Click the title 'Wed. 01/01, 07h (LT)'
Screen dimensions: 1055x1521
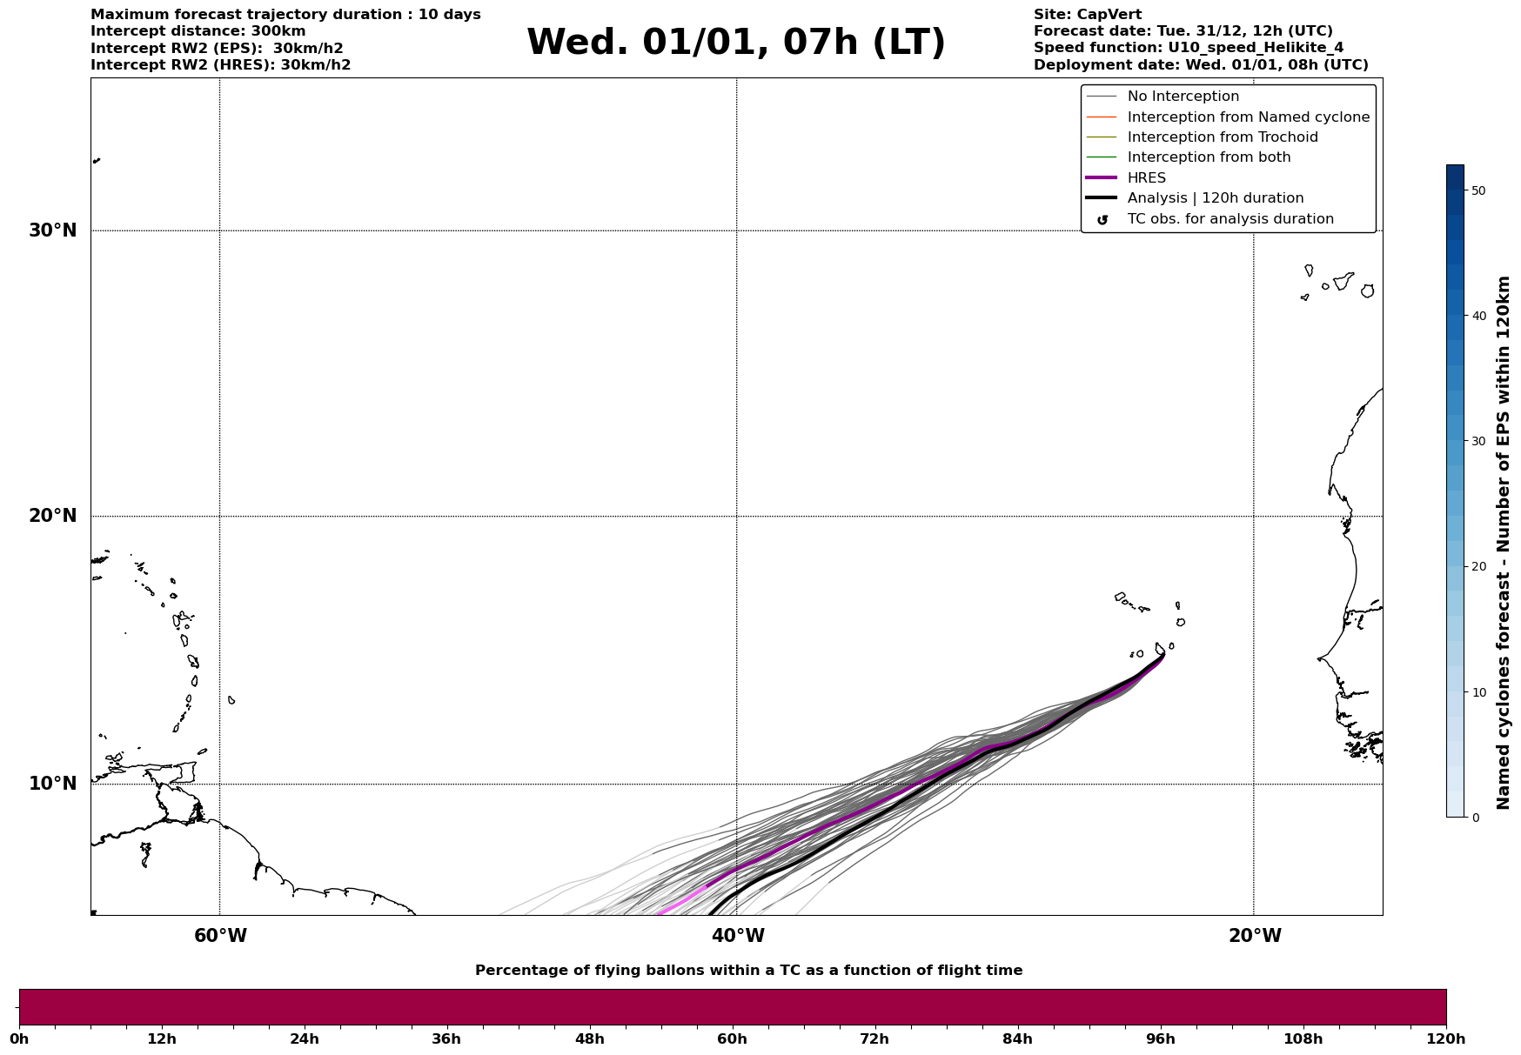pyautogui.click(x=735, y=43)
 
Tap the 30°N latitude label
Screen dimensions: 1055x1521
pyautogui.click(x=52, y=230)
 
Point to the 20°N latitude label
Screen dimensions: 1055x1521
pyautogui.click(x=52, y=516)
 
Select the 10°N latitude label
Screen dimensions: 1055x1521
pyautogui.click(x=52, y=784)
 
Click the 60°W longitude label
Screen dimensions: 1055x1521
pyautogui.click(x=220, y=936)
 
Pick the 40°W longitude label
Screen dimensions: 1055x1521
pyautogui.click(x=738, y=936)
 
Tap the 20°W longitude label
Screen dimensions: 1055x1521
pyautogui.click(x=1255, y=936)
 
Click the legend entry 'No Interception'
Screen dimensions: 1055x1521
pyautogui.click(x=1183, y=97)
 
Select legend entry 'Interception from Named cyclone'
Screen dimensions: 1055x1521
pyautogui.click(x=1248, y=117)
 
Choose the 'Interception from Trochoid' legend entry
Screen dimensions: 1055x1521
pyautogui.click(x=1222, y=137)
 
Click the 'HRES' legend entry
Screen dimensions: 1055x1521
pyautogui.click(x=1146, y=178)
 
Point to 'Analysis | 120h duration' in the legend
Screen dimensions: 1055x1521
pyautogui.click(x=1215, y=198)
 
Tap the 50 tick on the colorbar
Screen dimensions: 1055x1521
pyautogui.click(x=1478, y=190)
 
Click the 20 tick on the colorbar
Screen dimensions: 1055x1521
pyautogui.click(x=1478, y=567)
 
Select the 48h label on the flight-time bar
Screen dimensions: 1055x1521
pyautogui.click(x=589, y=1038)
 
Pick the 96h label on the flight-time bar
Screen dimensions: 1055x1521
pyautogui.click(x=1160, y=1038)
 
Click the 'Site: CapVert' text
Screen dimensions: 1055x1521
pyautogui.click(x=1087, y=15)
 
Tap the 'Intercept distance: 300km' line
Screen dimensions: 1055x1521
pyautogui.click(x=198, y=31)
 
